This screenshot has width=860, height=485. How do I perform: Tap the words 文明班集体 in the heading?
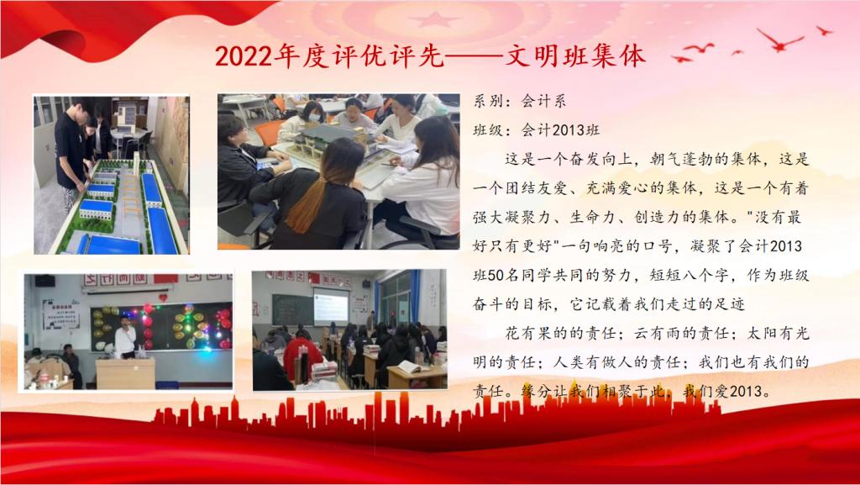pos(574,56)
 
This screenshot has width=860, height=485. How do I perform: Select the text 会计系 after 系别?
pos(543,101)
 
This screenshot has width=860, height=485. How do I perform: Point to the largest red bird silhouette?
pos(779,40)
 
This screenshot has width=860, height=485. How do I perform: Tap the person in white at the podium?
pos(126,338)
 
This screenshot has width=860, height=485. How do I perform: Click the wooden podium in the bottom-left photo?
pos(126,373)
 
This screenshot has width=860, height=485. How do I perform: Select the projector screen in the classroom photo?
pos(331,306)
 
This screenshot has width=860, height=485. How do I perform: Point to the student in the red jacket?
pos(302,356)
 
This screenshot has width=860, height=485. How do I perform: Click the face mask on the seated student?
pos(314,117)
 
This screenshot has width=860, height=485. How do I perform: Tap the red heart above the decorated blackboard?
pos(163,298)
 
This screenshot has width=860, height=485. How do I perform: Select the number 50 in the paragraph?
pos(496,275)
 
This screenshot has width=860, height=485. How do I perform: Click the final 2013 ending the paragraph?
pos(746,391)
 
